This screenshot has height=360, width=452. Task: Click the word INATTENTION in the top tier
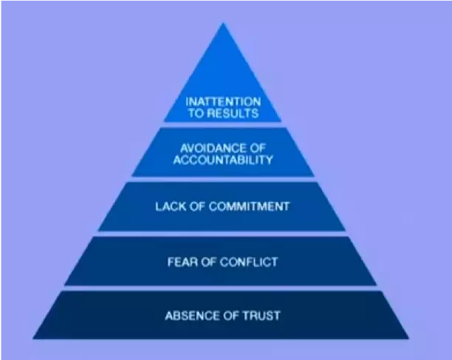[x=223, y=102]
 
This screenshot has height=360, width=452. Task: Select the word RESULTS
[x=233, y=113]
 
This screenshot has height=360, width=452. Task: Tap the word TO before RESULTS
[x=196, y=113]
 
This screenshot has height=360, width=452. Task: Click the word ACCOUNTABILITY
[x=223, y=160]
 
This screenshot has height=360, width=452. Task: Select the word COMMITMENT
[x=249, y=206]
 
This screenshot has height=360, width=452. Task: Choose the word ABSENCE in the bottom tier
[x=192, y=316]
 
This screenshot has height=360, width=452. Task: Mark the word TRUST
[x=261, y=316]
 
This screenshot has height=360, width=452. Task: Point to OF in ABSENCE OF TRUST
[x=231, y=316]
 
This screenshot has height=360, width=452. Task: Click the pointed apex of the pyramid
[x=223, y=23]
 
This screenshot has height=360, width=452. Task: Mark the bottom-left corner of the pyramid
[x=32, y=339]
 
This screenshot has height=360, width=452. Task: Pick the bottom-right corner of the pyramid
[x=408, y=339]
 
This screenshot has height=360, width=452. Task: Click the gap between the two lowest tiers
[x=221, y=288]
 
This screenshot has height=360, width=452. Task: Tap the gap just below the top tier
[x=223, y=125]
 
